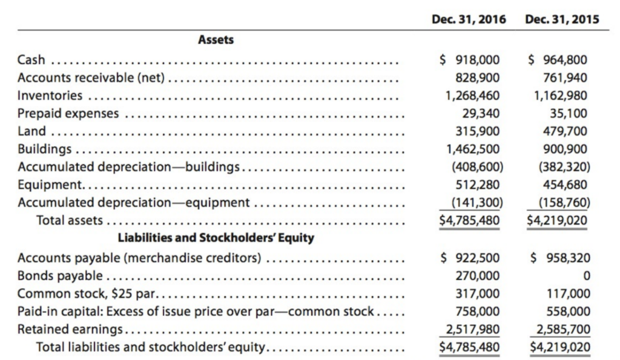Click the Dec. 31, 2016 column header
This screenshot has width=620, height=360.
tap(470, 19)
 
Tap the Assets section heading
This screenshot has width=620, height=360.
tap(216, 40)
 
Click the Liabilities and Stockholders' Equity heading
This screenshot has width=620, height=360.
tap(216, 237)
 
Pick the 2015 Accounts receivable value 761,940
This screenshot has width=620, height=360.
tap(562, 77)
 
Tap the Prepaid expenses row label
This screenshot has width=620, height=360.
tap(68, 113)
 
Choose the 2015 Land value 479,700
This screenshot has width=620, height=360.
tap(562, 131)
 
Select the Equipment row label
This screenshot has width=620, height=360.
tap(50, 185)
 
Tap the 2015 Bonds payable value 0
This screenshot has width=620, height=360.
tap(583, 276)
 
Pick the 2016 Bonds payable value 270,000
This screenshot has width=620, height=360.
tap(478, 276)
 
